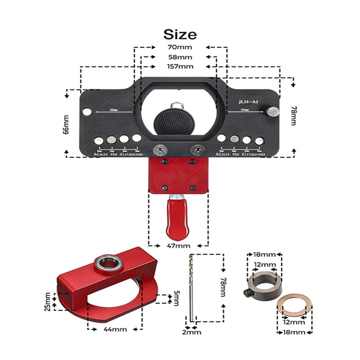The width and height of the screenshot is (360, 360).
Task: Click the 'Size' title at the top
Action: click(x=180, y=34)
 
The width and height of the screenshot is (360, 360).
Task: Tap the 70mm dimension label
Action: click(x=180, y=47)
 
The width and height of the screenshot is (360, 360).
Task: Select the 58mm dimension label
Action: click(x=180, y=57)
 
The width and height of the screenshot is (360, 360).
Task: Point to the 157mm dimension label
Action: click(x=180, y=67)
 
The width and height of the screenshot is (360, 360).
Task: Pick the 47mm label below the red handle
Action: click(x=179, y=246)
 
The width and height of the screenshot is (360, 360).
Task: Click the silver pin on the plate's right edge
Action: click(x=272, y=111)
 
